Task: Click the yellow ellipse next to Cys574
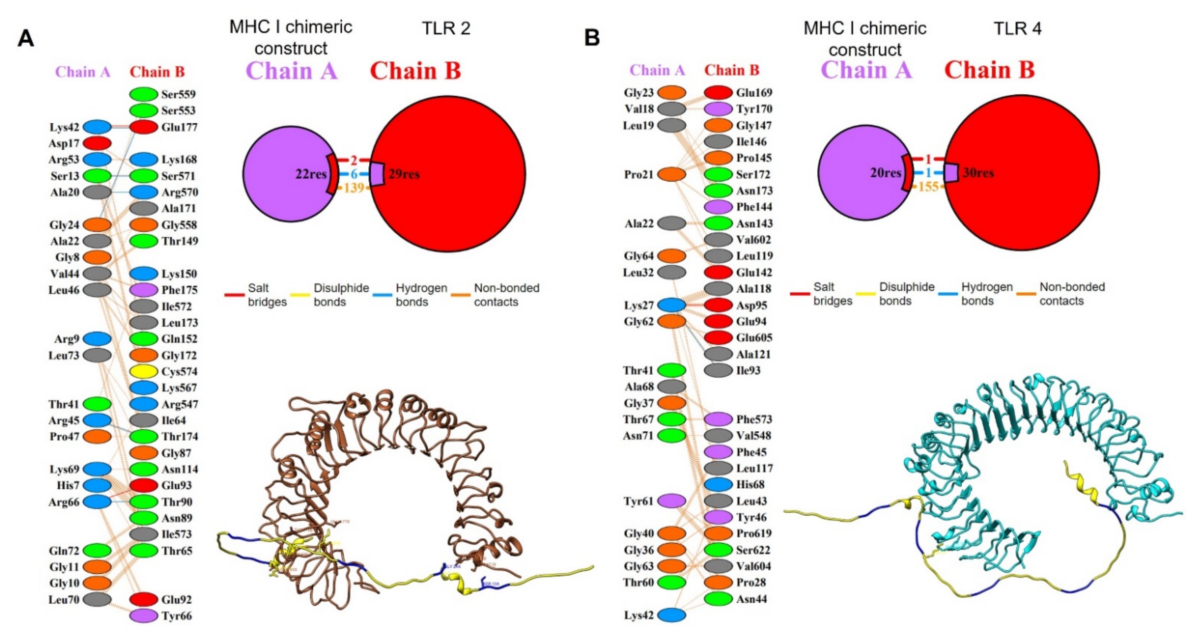click(144, 372)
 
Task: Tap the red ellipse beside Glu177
click(144, 127)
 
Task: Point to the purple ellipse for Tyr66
click(144, 616)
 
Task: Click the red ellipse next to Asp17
click(97, 143)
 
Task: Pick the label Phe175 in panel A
click(179, 290)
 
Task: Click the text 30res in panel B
click(978, 173)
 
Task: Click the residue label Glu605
click(753, 338)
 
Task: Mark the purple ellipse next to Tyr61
click(672, 501)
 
